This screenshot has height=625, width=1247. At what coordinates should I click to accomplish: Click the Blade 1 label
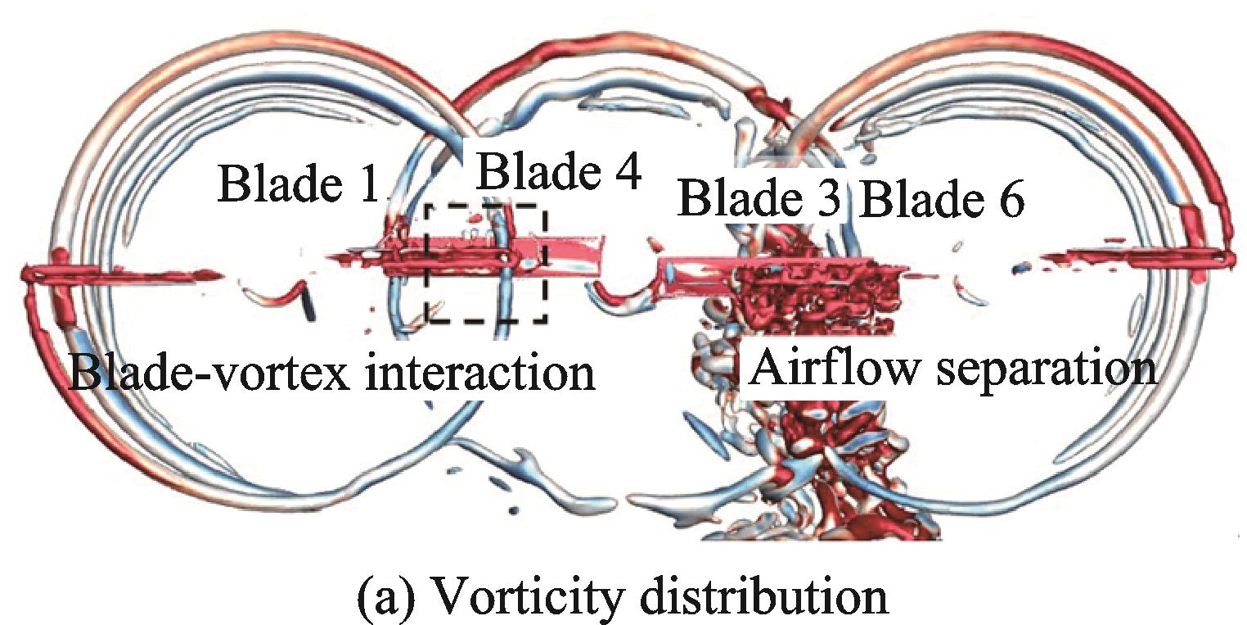[x=299, y=184]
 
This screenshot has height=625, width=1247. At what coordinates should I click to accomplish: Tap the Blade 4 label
[x=558, y=173]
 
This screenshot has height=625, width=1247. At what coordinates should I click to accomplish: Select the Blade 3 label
[x=760, y=199]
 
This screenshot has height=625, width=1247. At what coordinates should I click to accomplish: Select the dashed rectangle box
[x=486, y=263]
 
